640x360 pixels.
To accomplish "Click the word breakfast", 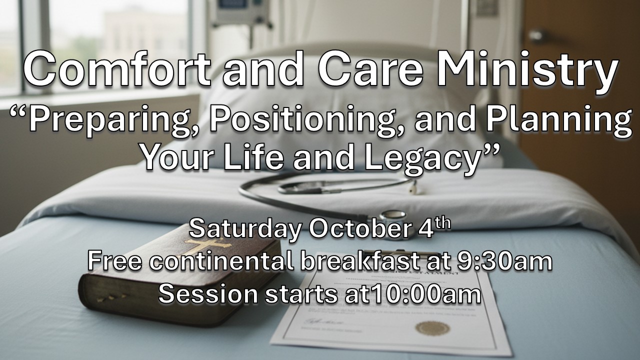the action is tap(359, 261).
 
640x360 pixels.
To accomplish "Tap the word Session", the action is tap(208, 294).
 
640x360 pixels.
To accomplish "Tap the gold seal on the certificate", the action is tap(432, 328).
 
